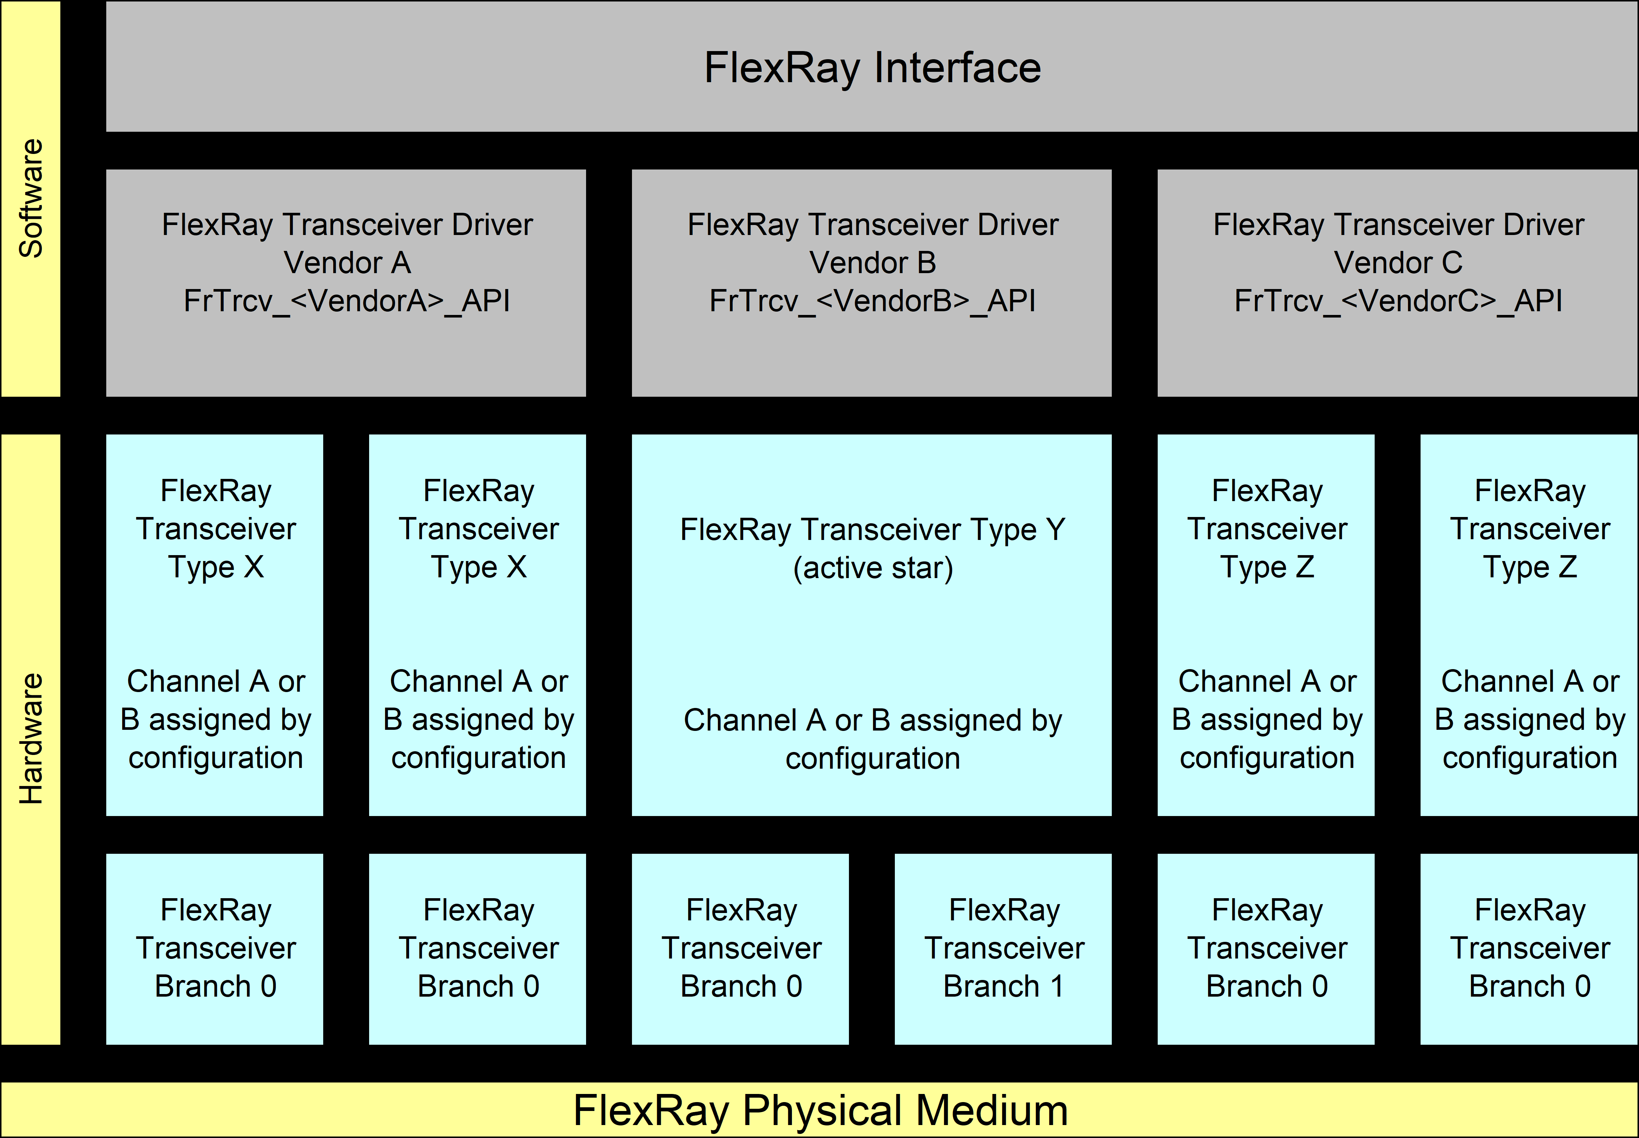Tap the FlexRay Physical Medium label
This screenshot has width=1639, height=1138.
820,1110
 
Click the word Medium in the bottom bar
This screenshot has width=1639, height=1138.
991,1110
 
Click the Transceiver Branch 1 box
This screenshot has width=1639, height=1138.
1003,949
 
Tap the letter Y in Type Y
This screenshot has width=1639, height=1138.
1056,530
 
